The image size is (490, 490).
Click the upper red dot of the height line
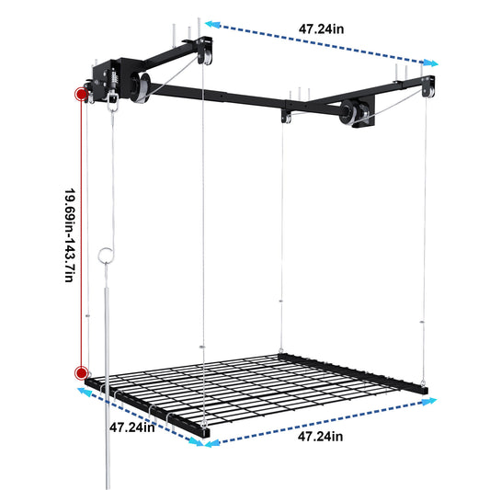pos(82,95)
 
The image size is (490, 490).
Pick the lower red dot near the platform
pos(82,373)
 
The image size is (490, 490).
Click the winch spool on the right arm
pos(350,115)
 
